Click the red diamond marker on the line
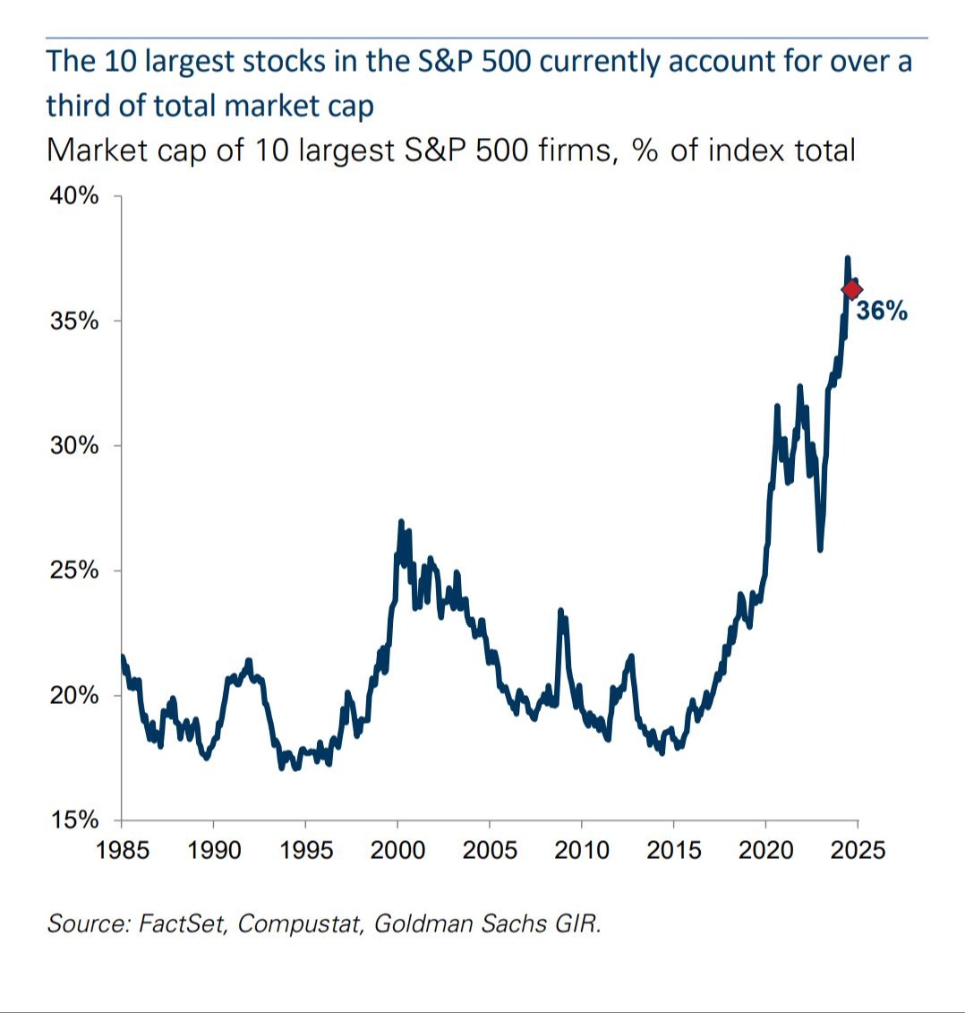point(851,288)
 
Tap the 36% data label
point(882,311)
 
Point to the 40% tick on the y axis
point(74,196)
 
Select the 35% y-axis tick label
point(74,322)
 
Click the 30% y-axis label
point(74,446)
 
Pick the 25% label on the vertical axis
point(74,571)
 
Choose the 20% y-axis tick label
point(74,696)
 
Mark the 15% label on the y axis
point(74,820)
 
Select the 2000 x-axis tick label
point(397,848)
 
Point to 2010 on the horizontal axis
point(582,848)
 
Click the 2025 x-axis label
point(858,848)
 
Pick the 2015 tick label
point(674,848)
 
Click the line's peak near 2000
point(400,522)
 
